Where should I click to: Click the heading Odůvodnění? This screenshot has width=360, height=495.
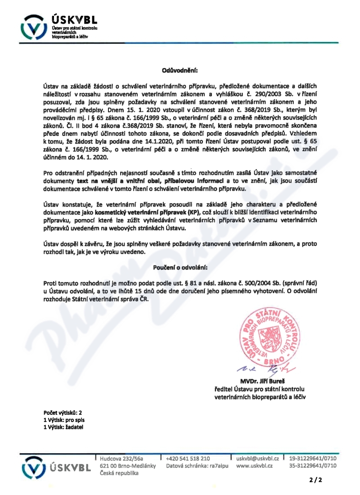180,70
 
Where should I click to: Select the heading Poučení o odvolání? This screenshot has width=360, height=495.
180,267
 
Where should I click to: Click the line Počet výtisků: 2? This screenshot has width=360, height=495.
63,412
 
